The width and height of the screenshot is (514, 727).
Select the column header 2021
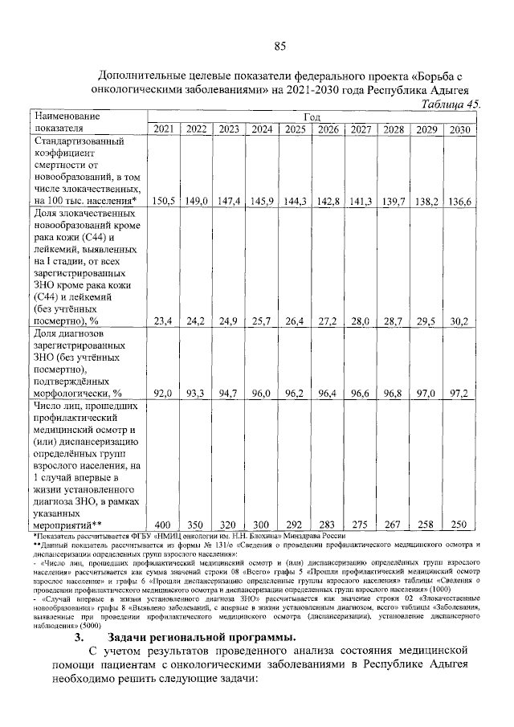click(x=163, y=129)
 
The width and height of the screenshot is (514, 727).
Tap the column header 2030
click(x=459, y=129)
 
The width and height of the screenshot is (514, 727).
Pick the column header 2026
click(x=327, y=129)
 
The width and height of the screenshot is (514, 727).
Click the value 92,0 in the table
click(x=163, y=393)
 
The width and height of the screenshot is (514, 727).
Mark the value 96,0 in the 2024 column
click(x=261, y=393)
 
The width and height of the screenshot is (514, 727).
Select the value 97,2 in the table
click(x=459, y=393)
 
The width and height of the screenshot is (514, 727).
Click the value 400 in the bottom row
click(x=163, y=524)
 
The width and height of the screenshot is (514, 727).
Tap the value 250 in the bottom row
click(x=459, y=524)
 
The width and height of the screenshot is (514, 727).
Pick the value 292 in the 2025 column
click(x=295, y=524)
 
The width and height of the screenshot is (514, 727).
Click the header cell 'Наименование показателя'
click(x=66, y=123)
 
